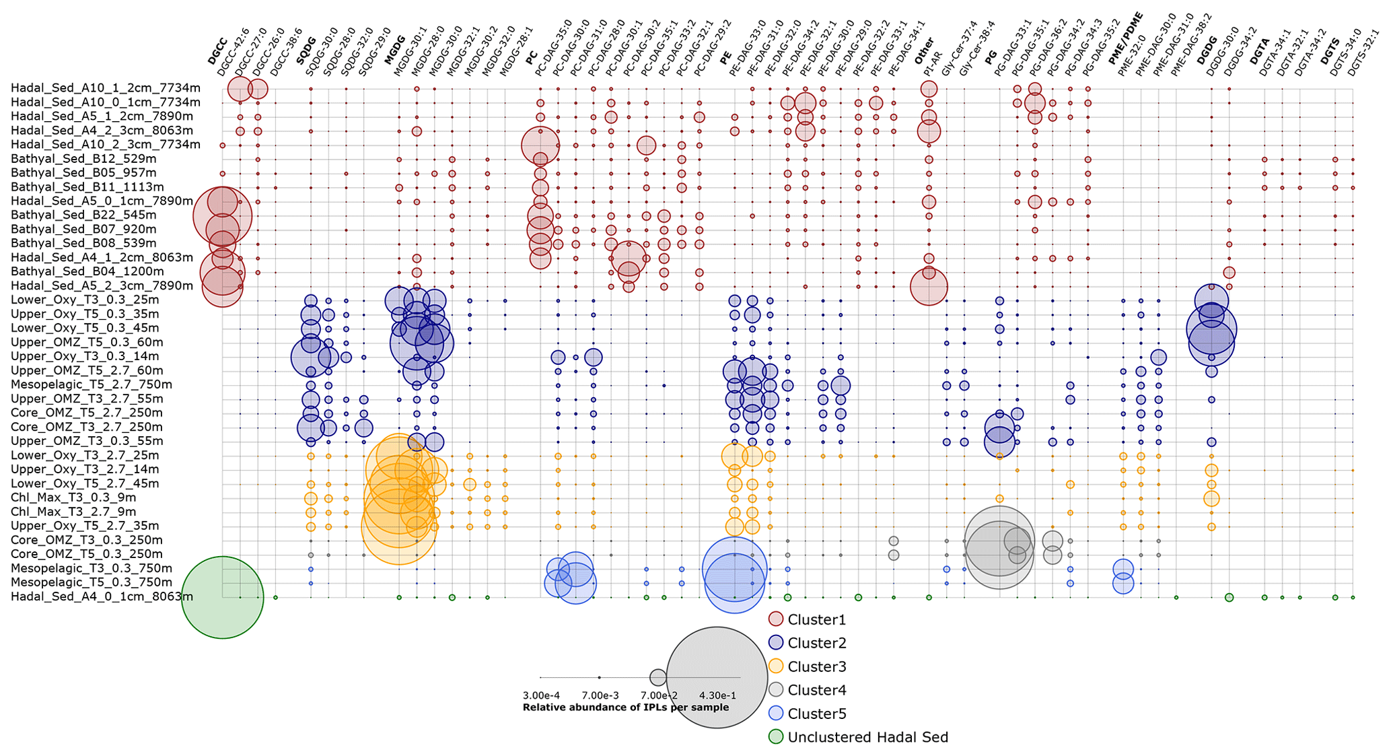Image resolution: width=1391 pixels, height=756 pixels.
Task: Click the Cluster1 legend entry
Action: (816, 619)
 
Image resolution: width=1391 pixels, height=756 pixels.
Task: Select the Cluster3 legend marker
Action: (776, 666)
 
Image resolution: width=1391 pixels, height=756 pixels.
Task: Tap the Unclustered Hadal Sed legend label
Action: (867, 737)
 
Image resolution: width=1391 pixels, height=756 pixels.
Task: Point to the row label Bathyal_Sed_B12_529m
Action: (83, 159)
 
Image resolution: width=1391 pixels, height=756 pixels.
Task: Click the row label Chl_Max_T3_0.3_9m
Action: (73, 497)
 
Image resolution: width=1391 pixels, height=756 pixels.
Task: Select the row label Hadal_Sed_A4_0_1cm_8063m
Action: (102, 596)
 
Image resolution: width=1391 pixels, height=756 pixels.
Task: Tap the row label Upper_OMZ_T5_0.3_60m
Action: (87, 342)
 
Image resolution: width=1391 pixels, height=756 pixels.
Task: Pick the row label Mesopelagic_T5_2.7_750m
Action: (92, 384)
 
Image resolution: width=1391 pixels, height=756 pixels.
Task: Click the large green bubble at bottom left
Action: (222, 597)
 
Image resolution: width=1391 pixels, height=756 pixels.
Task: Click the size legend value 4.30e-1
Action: (717, 695)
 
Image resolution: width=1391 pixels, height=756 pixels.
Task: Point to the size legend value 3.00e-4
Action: (541, 695)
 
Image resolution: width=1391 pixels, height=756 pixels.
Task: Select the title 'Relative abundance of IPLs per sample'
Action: (625, 708)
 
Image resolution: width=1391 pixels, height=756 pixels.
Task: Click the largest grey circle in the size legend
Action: (717, 677)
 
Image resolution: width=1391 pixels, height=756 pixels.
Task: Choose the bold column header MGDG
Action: (395, 50)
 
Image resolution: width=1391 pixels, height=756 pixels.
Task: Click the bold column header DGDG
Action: (1207, 50)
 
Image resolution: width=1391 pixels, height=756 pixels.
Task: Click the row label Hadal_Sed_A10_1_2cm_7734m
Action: (106, 88)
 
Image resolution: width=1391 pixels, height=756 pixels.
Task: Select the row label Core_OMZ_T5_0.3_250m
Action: (87, 554)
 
